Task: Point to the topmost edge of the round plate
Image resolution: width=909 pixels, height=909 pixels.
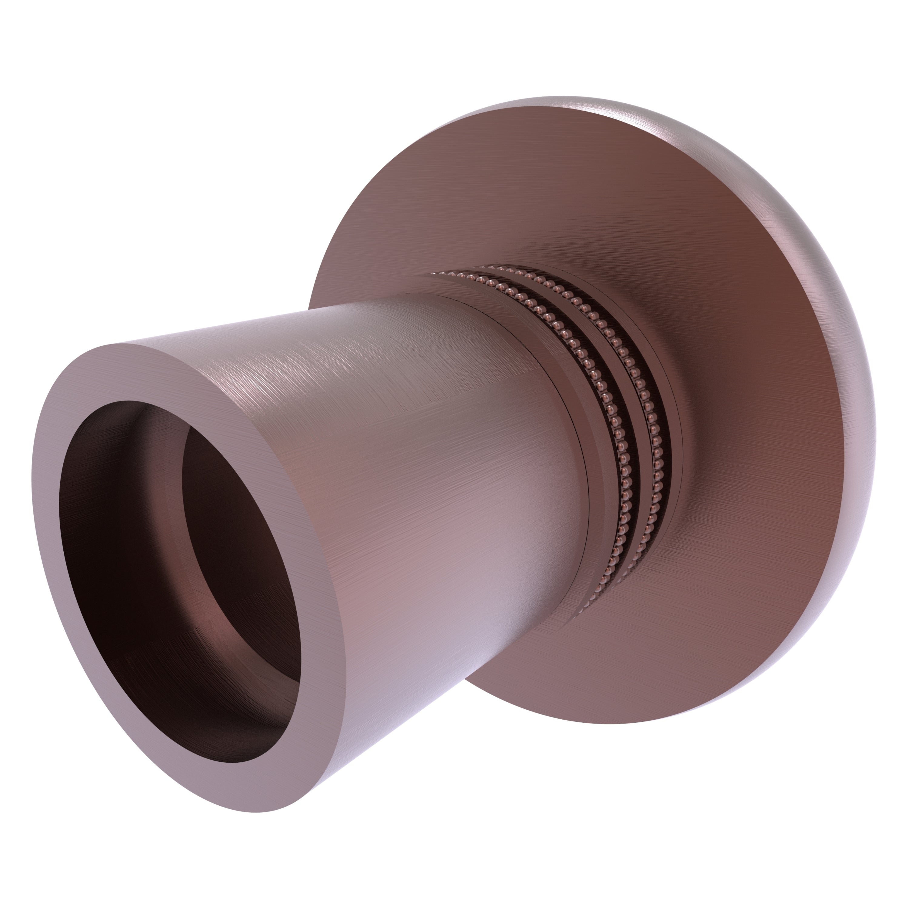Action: tap(564, 99)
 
